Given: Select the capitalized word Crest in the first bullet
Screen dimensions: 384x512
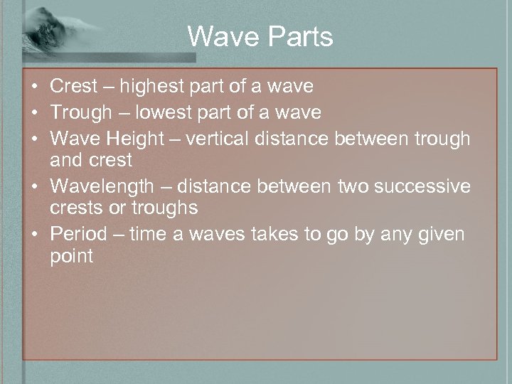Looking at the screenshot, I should [x=75, y=87].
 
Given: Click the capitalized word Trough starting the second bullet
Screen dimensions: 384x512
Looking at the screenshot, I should [x=81, y=112].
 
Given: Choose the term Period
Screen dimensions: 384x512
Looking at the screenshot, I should [x=78, y=233].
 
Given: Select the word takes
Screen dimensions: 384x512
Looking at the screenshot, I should [x=272, y=233].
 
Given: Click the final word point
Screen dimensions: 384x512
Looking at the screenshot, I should [x=72, y=256].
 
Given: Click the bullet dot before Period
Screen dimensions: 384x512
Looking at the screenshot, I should [x=34, y=234].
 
